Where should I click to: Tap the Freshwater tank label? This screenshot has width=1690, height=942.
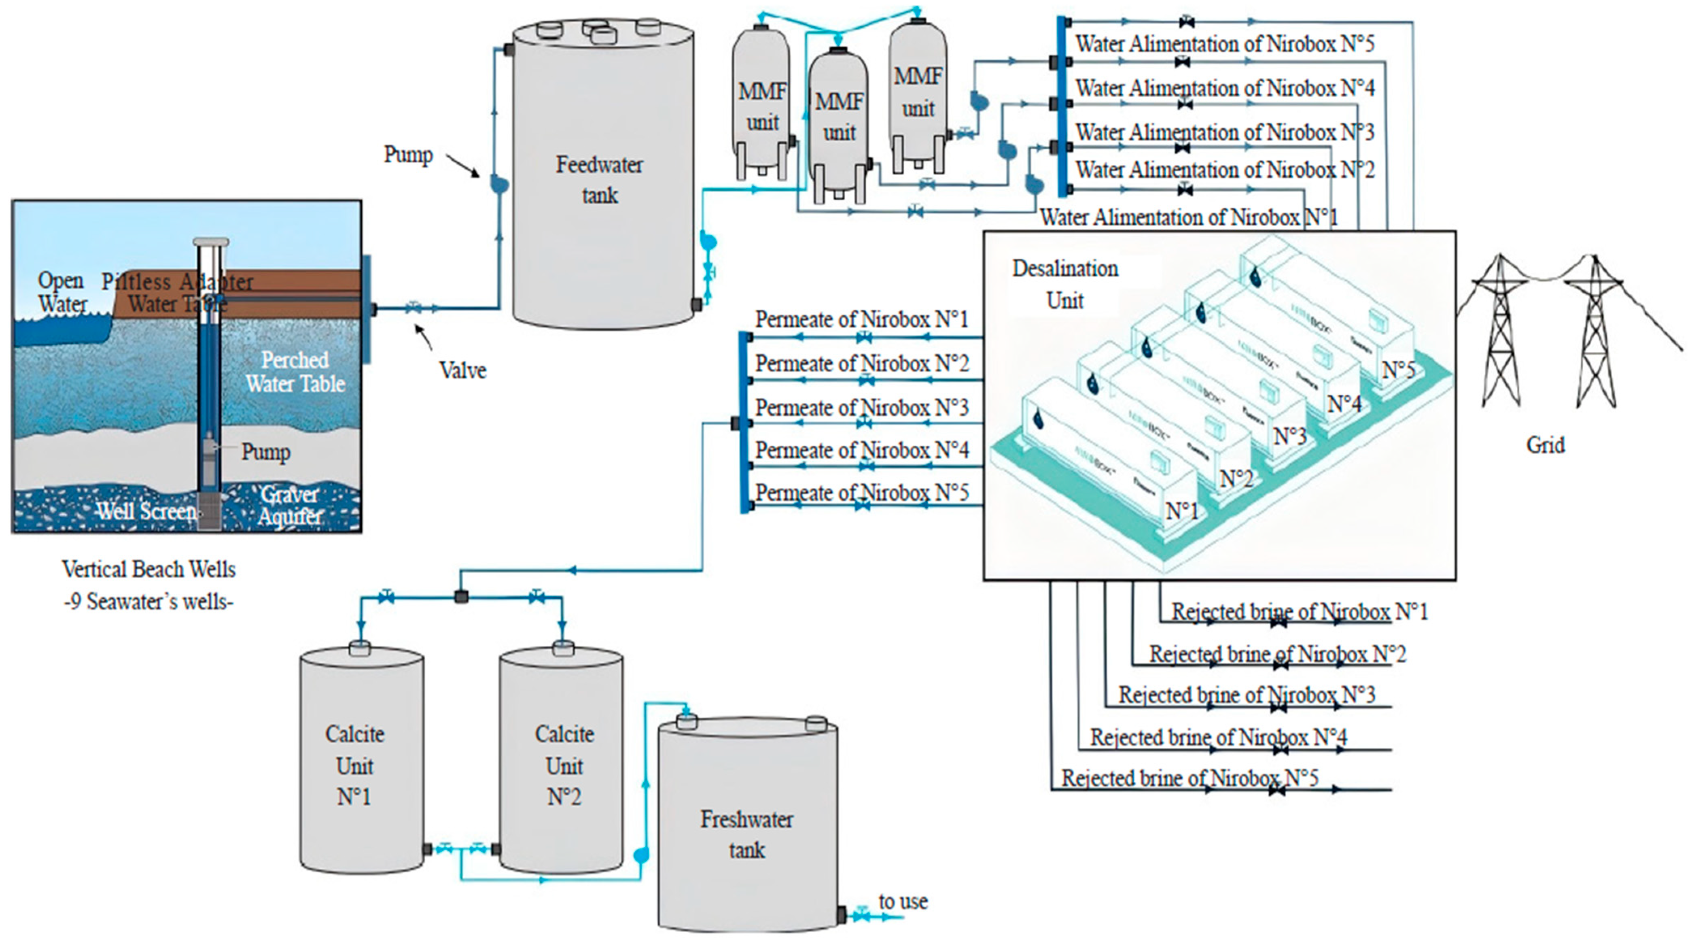click(x=746, y=834)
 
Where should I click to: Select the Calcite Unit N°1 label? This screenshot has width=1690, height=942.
click(x=354, y=766)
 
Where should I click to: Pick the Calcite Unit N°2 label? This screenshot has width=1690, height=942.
click(x=564, y=766)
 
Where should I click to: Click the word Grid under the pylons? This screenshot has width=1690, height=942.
click(x=1545, y=445)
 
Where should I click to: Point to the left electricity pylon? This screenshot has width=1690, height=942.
click(x=1500, y=332)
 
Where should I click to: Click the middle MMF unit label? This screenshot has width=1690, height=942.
click(x=839, y=117)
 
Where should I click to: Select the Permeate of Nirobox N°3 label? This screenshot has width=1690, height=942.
click(x=861, y=408)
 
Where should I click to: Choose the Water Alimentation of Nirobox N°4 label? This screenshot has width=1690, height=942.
click(x=1225, y=88)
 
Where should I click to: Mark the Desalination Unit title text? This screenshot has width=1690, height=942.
click(x=1065, y=284)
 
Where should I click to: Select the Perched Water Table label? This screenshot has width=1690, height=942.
click(x=295, y=372)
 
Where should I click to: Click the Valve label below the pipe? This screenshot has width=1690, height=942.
click(x=462, y=370)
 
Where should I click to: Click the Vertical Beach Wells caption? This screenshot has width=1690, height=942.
click(x=149, y=569)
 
